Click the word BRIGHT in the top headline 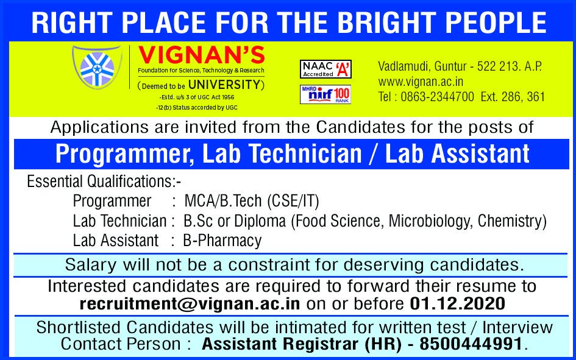(386, 23)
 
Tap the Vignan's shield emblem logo (98, 68)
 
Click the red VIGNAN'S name (201, 55)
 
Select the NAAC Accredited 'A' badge (325, 69)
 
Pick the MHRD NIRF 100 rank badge (325, 94)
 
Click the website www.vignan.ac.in (421, 82)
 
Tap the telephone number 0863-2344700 (437, 97)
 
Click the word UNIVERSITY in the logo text (224, 85)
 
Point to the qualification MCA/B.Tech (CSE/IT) (252, 201)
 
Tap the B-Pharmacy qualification (222, 241)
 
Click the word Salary (91, 265)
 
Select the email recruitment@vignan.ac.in (190, 304)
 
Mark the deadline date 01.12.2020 (457, 304)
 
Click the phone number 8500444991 (471, 344)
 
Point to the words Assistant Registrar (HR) (302, 344)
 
